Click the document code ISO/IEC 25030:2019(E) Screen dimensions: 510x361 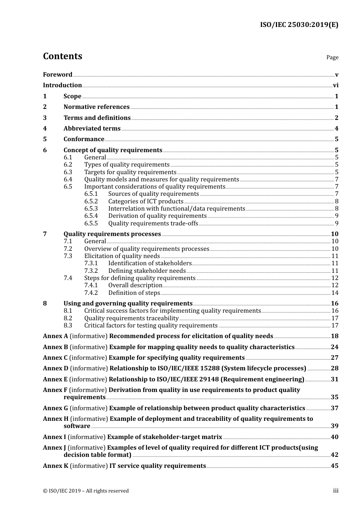[299, 25]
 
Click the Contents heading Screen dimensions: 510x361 [62, 56]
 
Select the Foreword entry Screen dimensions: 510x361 [57, 75]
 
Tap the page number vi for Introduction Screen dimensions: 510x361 [336, 85]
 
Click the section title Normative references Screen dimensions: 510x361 [97, 107]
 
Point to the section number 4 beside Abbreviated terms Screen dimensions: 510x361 [45, 129]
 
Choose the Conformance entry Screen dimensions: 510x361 [84, 139]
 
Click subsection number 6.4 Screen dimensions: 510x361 [68, 179]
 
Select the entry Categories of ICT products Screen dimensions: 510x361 [146, 201]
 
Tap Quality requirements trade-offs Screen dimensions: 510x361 [153, 224]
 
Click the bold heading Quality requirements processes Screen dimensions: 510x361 [112, 234]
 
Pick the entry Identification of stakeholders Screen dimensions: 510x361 [150, 263]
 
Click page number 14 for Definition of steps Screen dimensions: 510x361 [335, 293]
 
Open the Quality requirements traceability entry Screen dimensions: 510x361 [131, 318]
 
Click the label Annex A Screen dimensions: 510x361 [55, 336]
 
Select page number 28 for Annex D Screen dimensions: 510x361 [334, 368]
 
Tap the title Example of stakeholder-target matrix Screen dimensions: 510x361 [165, 437]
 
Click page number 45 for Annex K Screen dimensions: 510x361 [334, 466]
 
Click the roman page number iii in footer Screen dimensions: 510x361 [336, 491]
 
